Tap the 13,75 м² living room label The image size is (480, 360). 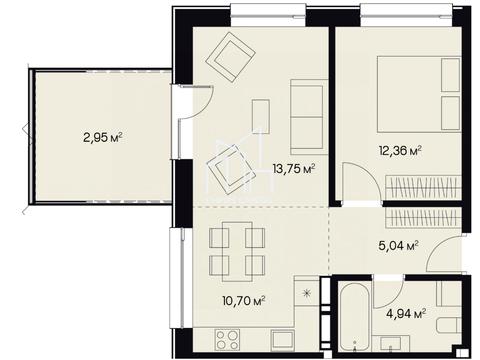pos(294,169)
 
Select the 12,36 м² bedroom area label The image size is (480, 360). pos(400,150)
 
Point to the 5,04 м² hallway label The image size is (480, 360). pos(399,246)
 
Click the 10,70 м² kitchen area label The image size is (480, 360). pos(244,301)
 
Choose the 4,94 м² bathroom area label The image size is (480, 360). pos(406,313)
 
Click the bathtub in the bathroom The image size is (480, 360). pos(356,316)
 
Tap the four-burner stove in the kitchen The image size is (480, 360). pos(227,339)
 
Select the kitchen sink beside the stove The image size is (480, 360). pos(282,340)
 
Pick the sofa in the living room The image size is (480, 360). pos(307,117)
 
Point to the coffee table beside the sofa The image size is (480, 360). pos(261,116)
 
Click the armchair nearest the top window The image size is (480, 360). pos(231,56)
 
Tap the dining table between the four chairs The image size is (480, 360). pos(237,252)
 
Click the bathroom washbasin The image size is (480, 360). pos(391,343)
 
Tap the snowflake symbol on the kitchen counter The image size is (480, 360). pos(306,293)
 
